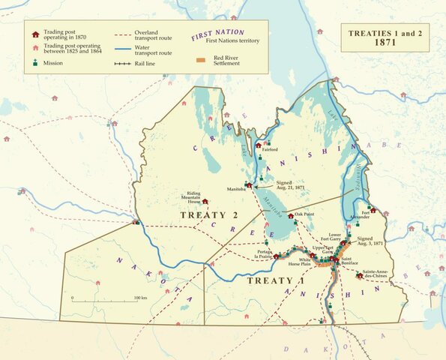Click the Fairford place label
[x=271, y=149]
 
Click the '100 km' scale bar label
[x=140, y=298]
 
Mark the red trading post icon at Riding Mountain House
[x=205, y=201]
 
